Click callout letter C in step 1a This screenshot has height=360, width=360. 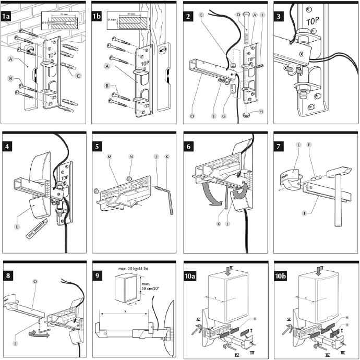[x=78, y=77]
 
